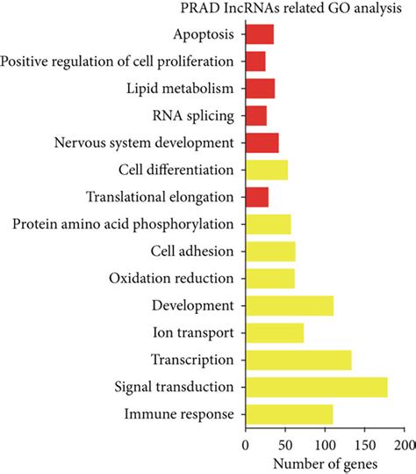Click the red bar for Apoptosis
pos(260,34)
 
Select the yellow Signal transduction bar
pos(316,387)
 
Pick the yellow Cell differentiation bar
pos(267,170)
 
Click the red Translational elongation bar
pos(257,197)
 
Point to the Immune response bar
pos(289,413)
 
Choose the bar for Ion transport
pos(275,332)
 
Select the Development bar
pos(290,305)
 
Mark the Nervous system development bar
pos(262,142)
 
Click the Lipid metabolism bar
pos(261,88)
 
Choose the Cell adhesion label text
pos(192,252)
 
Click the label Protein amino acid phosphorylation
pos(124,224)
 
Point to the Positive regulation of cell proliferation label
pos(118,62)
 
